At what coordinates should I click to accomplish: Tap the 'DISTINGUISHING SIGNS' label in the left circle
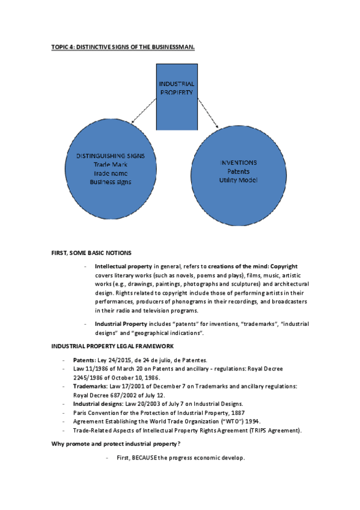pos(110,156)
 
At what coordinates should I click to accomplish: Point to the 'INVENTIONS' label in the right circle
pos(238,162)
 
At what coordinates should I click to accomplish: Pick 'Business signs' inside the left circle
pos(110,181)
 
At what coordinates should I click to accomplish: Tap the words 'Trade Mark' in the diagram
pos(111,164)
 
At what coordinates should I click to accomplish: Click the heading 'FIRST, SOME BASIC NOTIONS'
pos(91,252)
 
